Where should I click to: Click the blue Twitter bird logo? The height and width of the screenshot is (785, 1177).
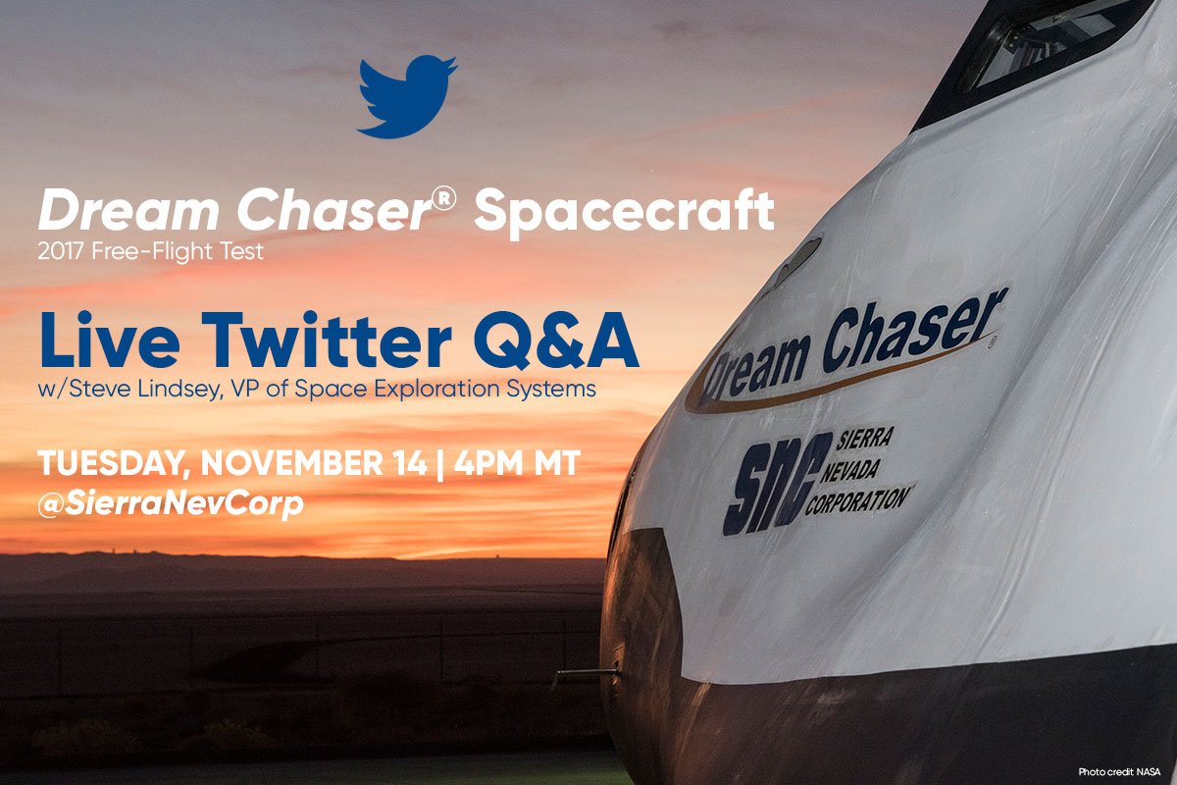coord(406,96)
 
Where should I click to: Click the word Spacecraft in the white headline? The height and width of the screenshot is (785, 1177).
coord(624,212)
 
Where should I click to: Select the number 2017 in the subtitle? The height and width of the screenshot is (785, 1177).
coord(61,251)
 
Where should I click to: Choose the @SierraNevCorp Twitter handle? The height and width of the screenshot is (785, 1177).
coord(171,504)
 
